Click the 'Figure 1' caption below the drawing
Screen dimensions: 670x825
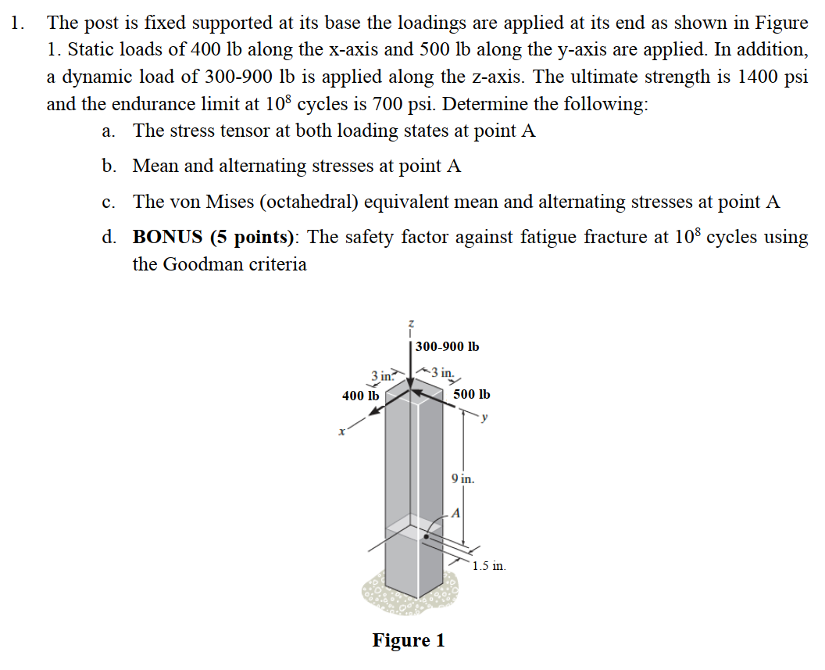point(408,640)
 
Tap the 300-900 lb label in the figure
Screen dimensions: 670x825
point(447,346)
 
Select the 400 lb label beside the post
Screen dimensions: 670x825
point(360,396)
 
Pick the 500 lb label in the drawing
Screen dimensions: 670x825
point(471,396)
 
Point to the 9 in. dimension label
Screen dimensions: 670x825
point(462,478)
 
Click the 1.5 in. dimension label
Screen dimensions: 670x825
point(489,564)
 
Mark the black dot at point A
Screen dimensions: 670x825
point(427,537)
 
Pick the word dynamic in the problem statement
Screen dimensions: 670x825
point(87,77)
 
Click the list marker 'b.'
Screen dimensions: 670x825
point(109,167)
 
